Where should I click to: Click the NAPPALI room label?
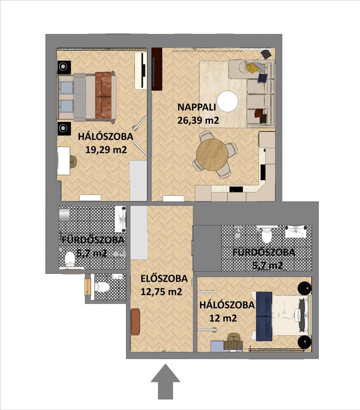196,107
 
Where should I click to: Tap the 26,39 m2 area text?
198,120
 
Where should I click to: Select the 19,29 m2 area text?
106,150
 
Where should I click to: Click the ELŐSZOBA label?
164,278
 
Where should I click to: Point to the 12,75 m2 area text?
161,292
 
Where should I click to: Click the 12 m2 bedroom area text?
223,318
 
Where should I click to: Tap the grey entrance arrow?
166,383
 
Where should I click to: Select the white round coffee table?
228,101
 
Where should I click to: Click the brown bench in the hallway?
135,321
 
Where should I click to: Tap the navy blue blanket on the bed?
264,317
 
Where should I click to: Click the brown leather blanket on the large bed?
103,96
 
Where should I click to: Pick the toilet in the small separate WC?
102,287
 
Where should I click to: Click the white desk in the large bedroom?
64,161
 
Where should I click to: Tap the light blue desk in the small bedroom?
218,345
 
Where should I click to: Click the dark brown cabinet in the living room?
157,69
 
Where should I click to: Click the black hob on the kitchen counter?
236,189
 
